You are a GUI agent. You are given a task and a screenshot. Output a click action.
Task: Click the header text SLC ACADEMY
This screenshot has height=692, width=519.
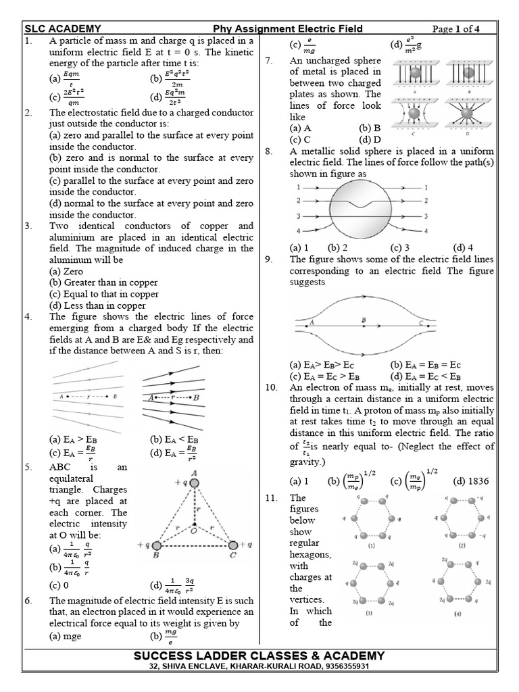(63, 28)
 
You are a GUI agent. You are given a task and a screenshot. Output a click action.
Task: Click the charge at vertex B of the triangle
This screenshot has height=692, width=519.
(157, 545)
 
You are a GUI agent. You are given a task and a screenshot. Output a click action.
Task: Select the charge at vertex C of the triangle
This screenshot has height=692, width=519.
(232, 545)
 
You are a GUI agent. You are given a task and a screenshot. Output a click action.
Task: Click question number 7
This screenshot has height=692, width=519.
(268, 61)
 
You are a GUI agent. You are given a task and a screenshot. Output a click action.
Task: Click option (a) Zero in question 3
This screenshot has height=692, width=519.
(67, 271)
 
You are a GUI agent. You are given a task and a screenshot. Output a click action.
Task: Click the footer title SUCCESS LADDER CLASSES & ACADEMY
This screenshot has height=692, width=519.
(259, 656)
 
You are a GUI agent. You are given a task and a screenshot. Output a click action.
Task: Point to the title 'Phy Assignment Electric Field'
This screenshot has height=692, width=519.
(288, 28)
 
